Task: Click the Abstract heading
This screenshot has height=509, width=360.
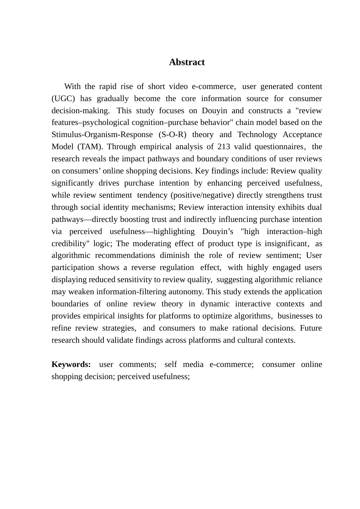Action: tap(187, 62)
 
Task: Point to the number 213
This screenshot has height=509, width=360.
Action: tap(224, 147)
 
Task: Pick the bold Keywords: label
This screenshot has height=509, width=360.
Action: tap(71, 364)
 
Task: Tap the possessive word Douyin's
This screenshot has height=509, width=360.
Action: tap(218, 231)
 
